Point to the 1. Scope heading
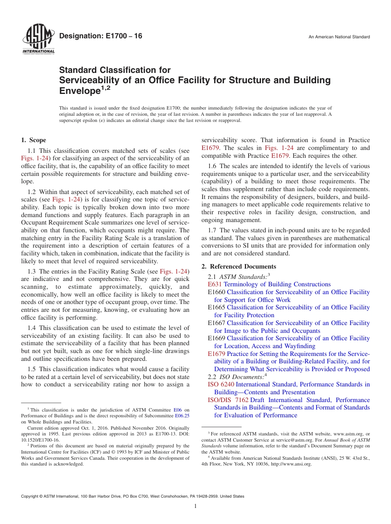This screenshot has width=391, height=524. click(x=33, y=140)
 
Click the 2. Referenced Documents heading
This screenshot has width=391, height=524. click(x=239, y=267)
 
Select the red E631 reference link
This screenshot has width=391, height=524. click(x=215, y=284)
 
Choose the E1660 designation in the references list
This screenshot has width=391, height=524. click(x=216, y=292)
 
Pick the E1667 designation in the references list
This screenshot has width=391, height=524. click(x=216, y=323)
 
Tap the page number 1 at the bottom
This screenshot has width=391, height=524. click(x=195, y=506)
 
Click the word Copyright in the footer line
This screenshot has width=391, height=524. click(x=31, y=496)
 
